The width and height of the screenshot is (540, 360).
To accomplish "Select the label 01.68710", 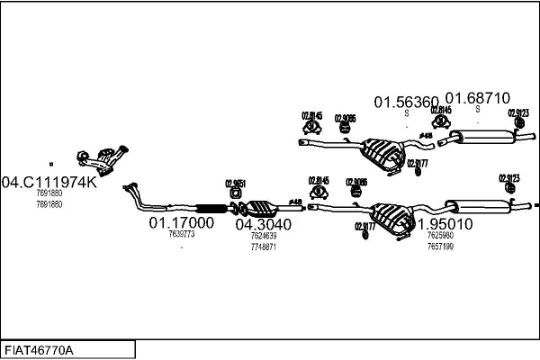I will pyautogui.click(x=479, y=98).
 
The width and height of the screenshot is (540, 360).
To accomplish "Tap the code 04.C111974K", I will pyautogui.click(x=50, y=181).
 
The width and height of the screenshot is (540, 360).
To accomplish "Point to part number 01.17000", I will pyautogui.click(x=181, y=221).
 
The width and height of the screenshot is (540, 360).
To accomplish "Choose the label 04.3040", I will pyautogui.click(x=263, y=224).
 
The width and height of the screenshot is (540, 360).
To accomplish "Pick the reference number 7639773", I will pyautogui.click(x=181, y=234).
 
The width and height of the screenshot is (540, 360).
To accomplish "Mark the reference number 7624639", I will pyautogui.click(x=263, y=236).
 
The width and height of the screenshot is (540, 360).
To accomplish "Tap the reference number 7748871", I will pyautogui.click(x=263, y=246).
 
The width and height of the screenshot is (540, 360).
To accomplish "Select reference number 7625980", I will pyautogui.click(x=440, y=236).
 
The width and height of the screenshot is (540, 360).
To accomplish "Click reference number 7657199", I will pyautogui.click(x=440, y=246).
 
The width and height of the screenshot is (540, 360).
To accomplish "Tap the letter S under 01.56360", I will pyautogui.click(x=406, y=113).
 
